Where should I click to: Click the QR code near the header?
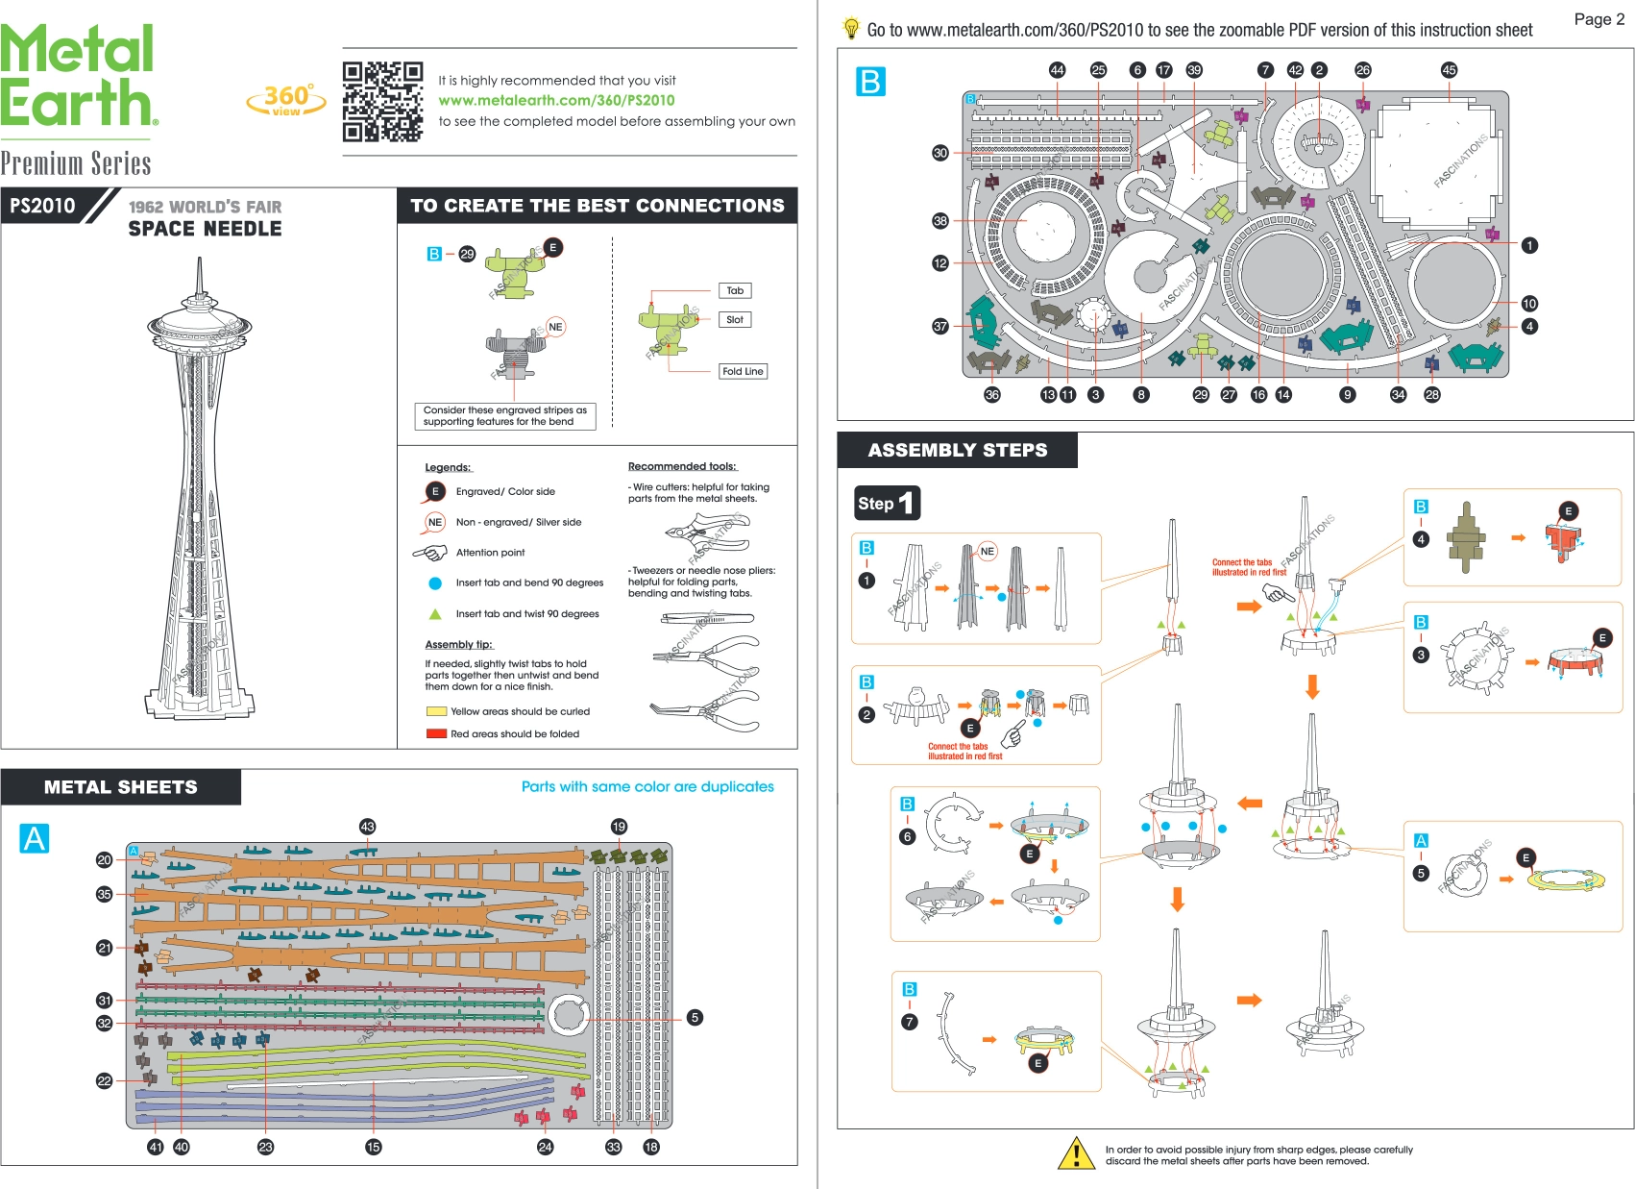click(382, 101)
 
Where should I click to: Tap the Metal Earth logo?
click(78, 77)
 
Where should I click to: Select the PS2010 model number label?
click(42, 206)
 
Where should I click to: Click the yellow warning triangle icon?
click(1077, 1152)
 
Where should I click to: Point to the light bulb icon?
click(851, 28)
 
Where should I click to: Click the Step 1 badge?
click(887, 503)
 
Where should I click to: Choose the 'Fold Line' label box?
click(743, 371)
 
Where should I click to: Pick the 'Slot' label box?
click(734, 319)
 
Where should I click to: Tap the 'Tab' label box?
click(734, 290)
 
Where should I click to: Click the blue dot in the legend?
click(435, 583)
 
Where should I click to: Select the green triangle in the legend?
click(435, 613)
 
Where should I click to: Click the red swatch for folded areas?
click(436, 733)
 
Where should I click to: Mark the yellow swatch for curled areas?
click(436, 711)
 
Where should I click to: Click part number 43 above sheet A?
click(367, 827)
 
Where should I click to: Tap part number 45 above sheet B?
click(1449, 70)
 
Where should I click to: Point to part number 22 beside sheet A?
click(104, 1081)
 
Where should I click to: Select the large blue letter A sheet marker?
click(35, 838)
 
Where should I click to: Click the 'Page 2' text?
click(1598, 19)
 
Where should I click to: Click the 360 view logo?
click(286, 100)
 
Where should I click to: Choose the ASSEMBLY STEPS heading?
click(957, 450)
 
